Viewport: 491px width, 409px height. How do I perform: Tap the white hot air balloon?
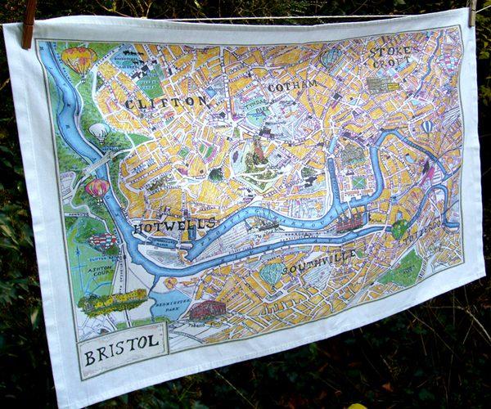pos(99,131)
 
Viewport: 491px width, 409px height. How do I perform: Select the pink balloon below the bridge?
pos(97,189)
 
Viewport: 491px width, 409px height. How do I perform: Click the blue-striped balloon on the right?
pos(427,128)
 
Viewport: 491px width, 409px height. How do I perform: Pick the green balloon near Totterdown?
pos(399,230)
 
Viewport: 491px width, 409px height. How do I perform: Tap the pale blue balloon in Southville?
pos(272,272)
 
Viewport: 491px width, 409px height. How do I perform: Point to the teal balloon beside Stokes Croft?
pos(330,57)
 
